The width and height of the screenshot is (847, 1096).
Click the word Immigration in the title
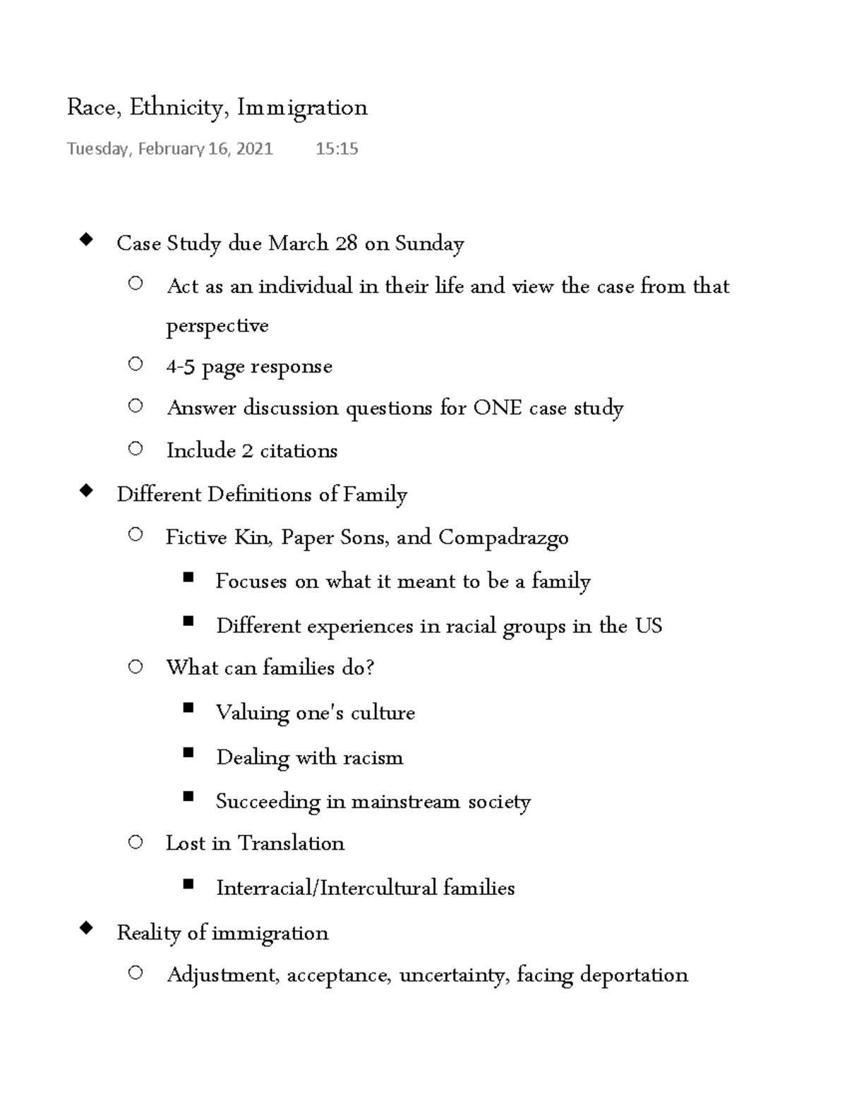[302, 108]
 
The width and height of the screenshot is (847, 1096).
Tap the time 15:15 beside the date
[337, 149]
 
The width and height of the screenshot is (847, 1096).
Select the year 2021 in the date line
[254, 149]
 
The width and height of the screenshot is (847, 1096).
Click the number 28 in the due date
[346, 243]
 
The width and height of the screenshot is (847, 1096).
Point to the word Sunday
[429, 243]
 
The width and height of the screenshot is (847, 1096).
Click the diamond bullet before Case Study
[86, 241]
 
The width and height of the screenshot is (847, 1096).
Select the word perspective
[217, 326]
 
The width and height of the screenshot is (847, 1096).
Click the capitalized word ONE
[498, 409]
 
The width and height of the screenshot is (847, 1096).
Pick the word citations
[299, 451]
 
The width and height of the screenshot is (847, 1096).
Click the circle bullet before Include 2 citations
[136, 448]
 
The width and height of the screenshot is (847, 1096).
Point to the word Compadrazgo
[503, 538]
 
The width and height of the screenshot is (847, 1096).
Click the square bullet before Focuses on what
[188, 578]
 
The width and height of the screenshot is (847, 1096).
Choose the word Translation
[291, 843]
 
